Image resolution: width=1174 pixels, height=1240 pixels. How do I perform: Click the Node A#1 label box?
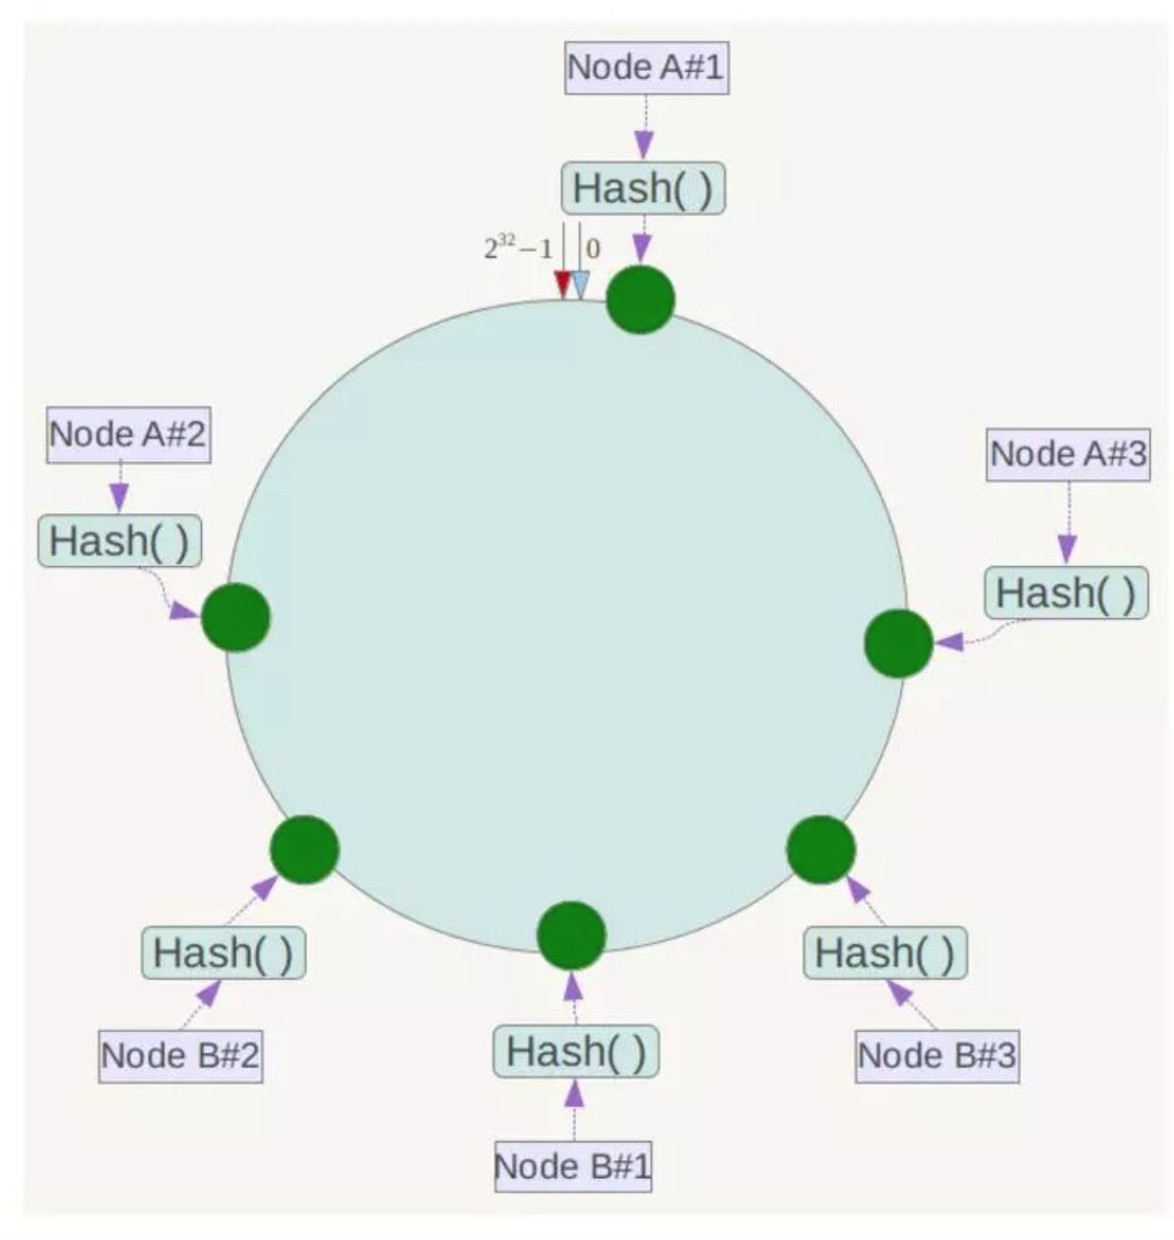(x=646, y=68)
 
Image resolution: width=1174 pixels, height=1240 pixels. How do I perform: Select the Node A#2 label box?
(x=128, y=434)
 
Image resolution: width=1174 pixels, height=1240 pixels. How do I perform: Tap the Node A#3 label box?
(x=1068, y=455)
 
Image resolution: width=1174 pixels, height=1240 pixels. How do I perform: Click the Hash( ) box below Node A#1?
(x=644, y=188)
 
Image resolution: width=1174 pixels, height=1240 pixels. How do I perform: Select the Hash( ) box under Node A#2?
(x=120, y=540)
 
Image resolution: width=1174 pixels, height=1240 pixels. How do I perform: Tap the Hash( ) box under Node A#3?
(x=1066, y=592)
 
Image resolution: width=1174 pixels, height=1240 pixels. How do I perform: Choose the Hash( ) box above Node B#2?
(x=223, y=952)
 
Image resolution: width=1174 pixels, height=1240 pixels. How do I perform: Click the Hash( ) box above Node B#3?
(x=885, y=952)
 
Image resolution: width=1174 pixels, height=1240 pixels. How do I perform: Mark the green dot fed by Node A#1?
(x=640, y=300)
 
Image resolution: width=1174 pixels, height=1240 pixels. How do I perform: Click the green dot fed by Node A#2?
(x=236, y=616)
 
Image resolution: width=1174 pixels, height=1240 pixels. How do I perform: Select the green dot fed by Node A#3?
(x=898, y=643)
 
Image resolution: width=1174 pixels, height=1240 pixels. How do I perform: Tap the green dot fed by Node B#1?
(x=571, y=935)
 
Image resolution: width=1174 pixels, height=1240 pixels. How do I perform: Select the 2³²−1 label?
(x=518, y=248)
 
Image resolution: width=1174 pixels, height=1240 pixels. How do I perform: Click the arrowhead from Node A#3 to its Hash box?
(x=1067, y=548)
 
